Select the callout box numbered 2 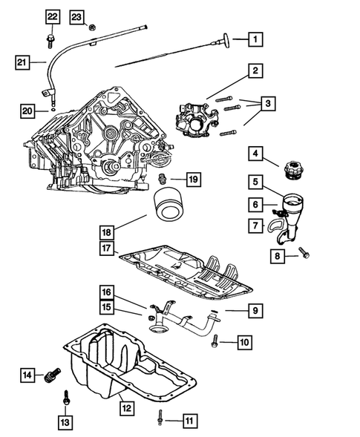pyautogui.click(x=255, y=71)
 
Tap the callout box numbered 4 pyautogui.click(x=255, y=154)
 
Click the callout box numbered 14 pyautogui.click(x=27, y=375)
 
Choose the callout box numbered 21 pyautogui.click(x=23, y=62)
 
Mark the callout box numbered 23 pyautogui.click(x=77, y=16)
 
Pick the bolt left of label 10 pyautogui.click(x=215, y=341)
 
